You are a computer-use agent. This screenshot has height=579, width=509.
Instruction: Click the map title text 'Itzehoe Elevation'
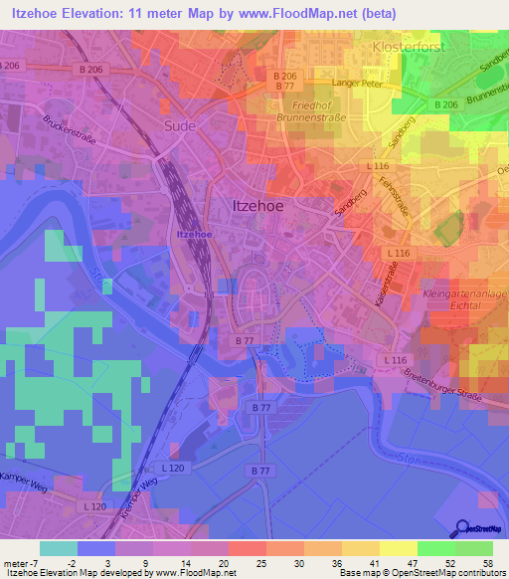(x=70, y=12)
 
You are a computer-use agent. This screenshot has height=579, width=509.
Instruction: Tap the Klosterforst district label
(x=405, y=47)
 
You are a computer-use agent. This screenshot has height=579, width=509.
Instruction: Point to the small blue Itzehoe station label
(x=193, y=234)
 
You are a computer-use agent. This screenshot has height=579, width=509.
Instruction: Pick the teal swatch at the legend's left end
(x=59, y=548)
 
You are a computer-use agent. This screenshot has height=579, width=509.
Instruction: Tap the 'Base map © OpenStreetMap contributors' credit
(x=421, y=573)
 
